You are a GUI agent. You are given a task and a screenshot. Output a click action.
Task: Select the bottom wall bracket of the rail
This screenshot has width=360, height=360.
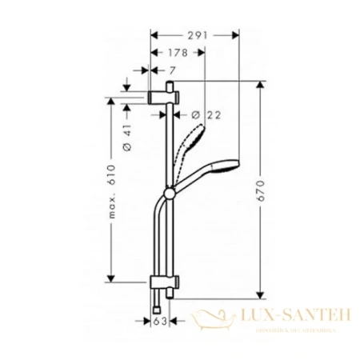click(x=168, y=284)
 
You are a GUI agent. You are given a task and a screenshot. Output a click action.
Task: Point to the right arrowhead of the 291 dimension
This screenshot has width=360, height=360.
click(x=236, y=35)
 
